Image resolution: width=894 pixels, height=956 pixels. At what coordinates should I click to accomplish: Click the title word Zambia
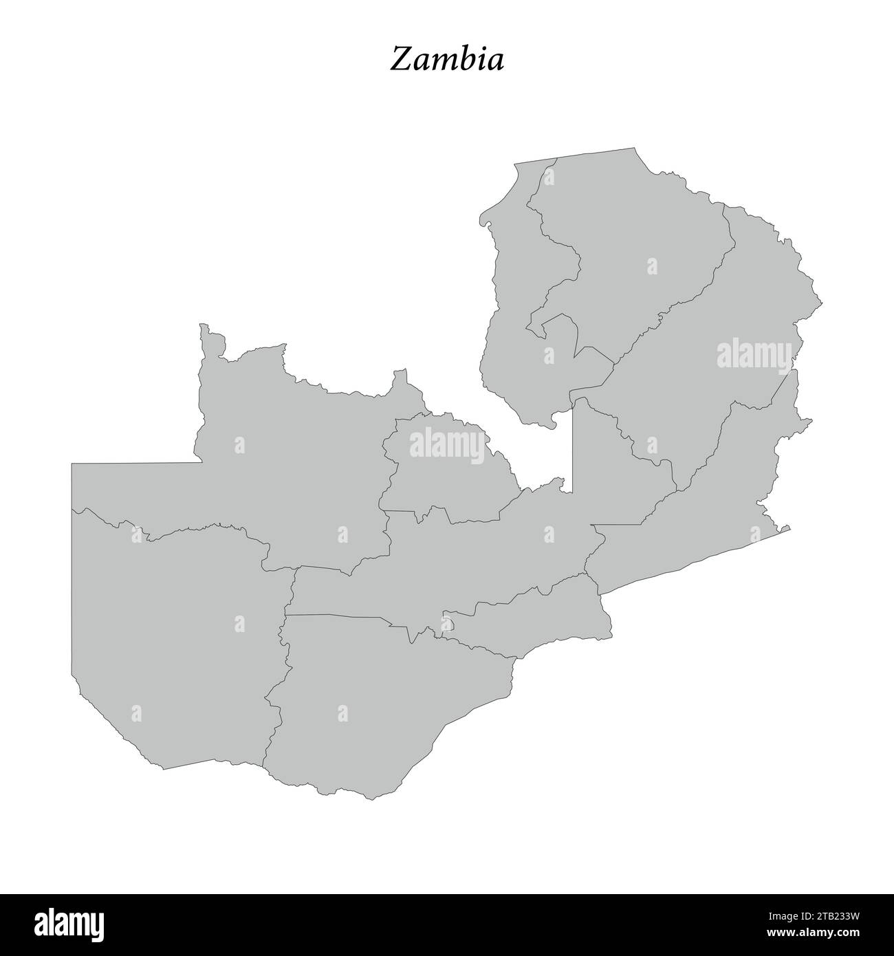[447, 59]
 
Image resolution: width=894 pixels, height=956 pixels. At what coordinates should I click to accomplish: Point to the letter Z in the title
[400, 59]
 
